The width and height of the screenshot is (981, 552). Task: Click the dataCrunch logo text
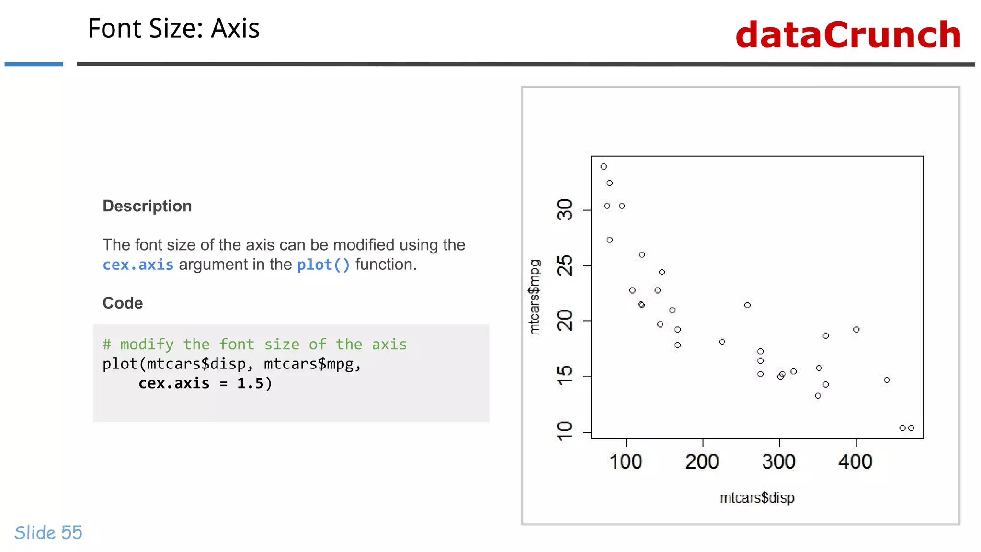tap(848, 35)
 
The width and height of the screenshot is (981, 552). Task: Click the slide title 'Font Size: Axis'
tap(173, 29)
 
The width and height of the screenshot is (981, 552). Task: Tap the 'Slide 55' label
tap(48, 533)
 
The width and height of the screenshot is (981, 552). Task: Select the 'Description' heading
tap(147, 206)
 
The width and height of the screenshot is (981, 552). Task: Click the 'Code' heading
tap(123, 303)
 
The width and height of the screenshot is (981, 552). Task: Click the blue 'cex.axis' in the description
tap(138, 264)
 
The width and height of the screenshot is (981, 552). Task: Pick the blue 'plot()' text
tap(323, 264)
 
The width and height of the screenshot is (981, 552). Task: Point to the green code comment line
tap(254, 345)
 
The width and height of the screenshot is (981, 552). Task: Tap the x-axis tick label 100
tap(626, 462)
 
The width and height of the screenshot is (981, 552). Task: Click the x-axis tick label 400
tap(856, 462)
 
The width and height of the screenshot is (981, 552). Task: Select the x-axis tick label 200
tap(702, 462)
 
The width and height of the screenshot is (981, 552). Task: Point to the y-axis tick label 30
tap(565, 210)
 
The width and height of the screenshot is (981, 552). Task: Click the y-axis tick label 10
tap(565, 431)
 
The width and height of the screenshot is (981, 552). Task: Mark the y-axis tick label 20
tap(565, 321)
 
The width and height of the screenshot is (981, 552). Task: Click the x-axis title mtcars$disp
tap(757, 498)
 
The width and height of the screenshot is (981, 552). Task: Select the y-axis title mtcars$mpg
tap(535, 297)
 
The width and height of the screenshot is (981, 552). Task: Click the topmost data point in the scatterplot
tap(604, 167)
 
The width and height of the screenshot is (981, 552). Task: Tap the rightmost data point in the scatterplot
tap(911, 428)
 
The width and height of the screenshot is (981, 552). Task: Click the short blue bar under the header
tap(34, 64)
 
